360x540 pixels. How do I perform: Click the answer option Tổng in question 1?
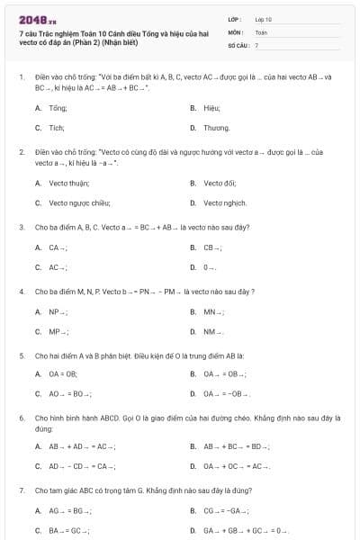[58, 106]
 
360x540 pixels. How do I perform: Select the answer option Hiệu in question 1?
[211, 106]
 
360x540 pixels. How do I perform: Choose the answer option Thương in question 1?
[216, 128]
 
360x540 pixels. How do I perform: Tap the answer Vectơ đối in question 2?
[219, 183]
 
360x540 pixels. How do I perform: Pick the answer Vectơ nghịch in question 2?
[224, 203]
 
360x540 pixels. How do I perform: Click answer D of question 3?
[209, 267]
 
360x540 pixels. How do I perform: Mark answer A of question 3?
[58, 247]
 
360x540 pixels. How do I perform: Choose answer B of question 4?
[212, 311]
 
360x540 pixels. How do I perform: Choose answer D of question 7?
[243, 531]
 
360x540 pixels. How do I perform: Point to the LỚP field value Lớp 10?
[263, 19]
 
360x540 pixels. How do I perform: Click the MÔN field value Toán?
[261, 31]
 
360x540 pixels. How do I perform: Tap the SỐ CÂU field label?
[237, 44]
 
